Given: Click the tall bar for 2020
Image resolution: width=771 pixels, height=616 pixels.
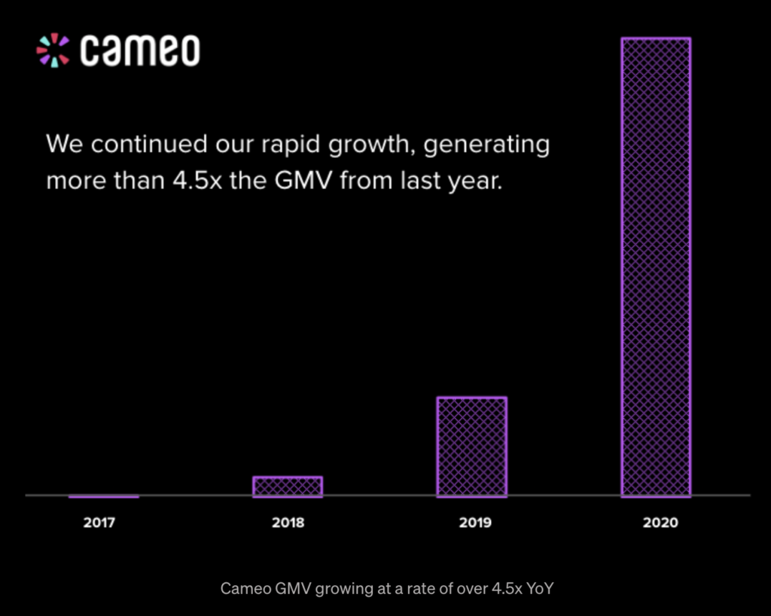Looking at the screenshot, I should pos(655,267).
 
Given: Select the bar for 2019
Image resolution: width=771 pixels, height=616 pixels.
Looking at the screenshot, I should pos(471,447).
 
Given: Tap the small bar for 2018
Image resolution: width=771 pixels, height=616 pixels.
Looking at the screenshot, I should pos(288,486).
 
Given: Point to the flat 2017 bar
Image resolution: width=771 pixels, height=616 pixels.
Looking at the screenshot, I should pos(104,496).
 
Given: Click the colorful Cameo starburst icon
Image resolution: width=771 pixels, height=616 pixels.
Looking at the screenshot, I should pos(53,50).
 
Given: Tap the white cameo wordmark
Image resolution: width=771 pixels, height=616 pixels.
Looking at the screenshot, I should pos(140,50).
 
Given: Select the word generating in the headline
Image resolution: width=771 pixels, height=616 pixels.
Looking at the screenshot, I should pos(486,145).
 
